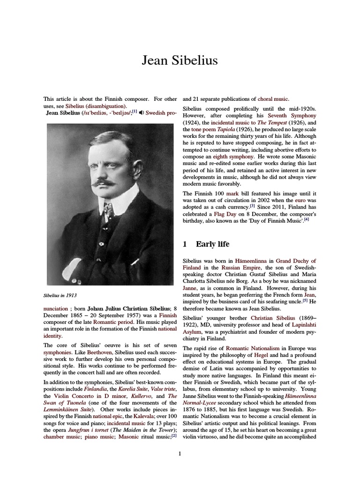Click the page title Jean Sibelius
click(180, 61)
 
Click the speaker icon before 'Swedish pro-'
click(142, 113)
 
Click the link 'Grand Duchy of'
click(296, 261)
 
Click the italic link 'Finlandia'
click(95, 389)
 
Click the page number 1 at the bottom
click(180, 454)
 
